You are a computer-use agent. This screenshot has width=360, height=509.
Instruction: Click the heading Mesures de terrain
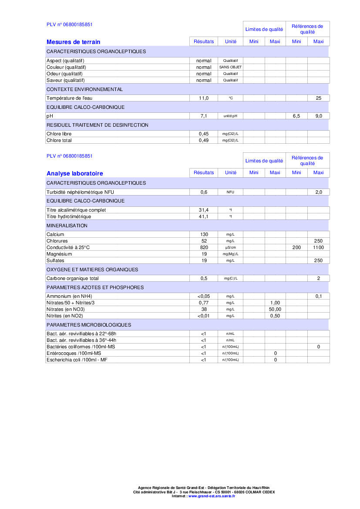73,42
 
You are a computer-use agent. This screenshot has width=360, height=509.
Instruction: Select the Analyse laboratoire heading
75,174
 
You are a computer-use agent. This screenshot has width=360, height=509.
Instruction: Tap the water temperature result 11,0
204,98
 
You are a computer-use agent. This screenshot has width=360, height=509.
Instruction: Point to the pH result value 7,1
204,116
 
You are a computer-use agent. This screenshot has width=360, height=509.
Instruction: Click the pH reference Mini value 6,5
296,116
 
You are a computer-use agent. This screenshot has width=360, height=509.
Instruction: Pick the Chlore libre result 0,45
204,134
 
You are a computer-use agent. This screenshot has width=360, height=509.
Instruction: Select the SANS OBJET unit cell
231,67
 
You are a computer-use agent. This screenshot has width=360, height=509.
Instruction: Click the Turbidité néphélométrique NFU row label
80,192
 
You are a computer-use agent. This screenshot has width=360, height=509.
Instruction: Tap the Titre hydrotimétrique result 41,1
204,217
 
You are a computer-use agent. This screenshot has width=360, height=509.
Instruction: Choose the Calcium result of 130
204,235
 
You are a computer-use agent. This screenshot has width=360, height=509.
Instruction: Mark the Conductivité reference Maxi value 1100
318,247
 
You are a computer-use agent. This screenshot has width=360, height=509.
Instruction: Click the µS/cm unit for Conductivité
231,248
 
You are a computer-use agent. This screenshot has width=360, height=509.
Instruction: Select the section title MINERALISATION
67,226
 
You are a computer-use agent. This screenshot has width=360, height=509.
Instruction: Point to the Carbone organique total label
73,279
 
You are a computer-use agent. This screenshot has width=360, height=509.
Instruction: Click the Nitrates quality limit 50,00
275,309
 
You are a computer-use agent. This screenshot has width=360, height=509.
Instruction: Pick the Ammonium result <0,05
204,296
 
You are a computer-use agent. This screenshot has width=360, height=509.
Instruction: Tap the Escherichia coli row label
77,360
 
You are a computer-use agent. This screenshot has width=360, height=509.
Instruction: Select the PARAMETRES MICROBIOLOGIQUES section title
88,325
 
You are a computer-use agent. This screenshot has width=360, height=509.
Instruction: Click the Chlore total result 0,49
204,141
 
